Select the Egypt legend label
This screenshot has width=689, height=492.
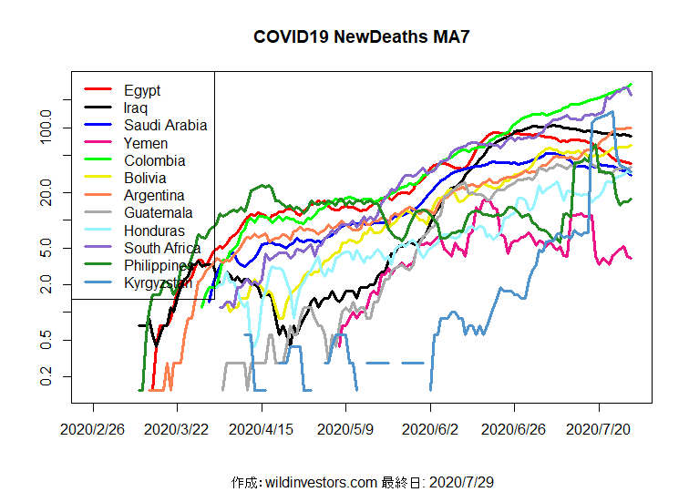(142, 90)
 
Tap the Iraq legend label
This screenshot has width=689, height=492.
(137, 108)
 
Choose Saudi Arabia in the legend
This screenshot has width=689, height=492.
(166, 126)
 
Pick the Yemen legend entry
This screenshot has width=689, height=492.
(146, 143)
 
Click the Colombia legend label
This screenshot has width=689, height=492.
(155, 160)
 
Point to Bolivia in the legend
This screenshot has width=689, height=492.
(146, 178)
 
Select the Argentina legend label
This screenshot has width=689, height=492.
(155, 195)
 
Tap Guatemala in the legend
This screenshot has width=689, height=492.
(159, 212)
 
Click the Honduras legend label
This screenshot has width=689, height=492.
(155, 231)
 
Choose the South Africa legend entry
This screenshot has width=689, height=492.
(162, 248)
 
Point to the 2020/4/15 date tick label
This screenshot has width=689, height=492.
(262, 427)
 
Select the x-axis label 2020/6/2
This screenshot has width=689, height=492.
(431, 427)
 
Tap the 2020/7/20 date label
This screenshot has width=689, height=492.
(599, 427)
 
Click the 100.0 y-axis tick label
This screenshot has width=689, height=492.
(46, 128)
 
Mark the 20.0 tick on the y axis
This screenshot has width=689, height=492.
(46, 193)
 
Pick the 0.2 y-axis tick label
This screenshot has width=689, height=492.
(46, 376)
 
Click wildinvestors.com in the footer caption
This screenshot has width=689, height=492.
(320, 481)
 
